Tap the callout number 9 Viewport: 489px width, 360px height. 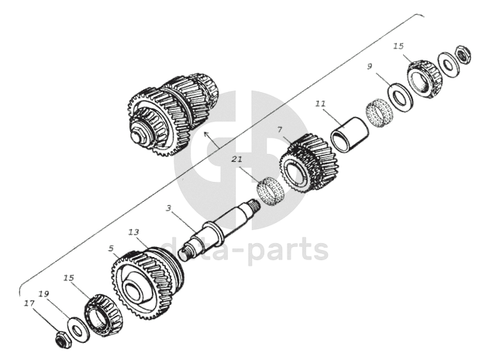(371, 67)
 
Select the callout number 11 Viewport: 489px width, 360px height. (321, 102)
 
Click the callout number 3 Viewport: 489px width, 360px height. (168, 208)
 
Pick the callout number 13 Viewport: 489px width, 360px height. (134, 231)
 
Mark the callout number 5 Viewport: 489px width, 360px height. (112, 249)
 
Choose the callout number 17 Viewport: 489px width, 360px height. (29, 303)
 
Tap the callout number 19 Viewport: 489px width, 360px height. (43, 294)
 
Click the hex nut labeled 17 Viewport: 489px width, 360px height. (60, 338)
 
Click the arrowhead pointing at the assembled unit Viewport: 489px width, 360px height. (205, 134)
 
